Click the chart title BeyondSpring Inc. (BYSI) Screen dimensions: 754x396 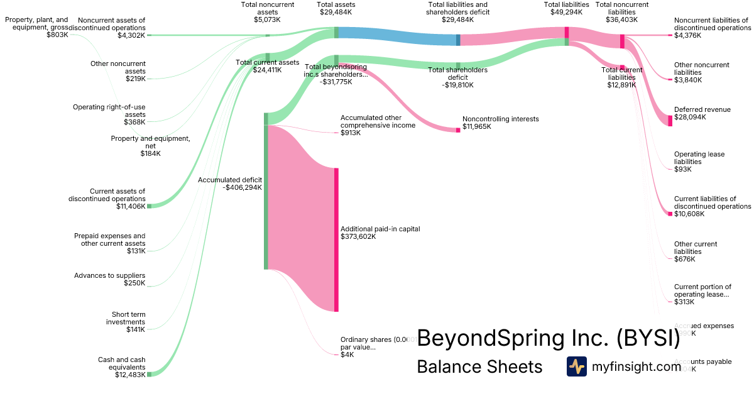click(549, 338)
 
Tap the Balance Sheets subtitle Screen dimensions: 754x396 click(479, 366)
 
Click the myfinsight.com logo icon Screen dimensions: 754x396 click(577, 366)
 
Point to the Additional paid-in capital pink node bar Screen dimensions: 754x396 click(336, 239)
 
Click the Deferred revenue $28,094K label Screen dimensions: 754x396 click(702, 113)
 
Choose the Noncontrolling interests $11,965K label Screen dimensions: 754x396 click(500, 123)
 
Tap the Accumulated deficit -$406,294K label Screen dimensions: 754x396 click(230, 184)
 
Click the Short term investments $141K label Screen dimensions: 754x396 click(128, 322)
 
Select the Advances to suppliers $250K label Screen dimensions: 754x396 click(109, 279)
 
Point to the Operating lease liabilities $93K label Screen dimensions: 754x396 click(699, 162)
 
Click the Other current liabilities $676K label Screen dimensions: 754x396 click(695, 251)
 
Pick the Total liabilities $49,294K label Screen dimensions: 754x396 click(566, 8)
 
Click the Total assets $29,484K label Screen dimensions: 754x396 click(336, 8)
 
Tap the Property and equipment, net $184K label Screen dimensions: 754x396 click(150, 146)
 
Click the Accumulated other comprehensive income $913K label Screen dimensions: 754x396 click(378, 125)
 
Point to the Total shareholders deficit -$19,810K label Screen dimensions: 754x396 click(457, 77)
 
